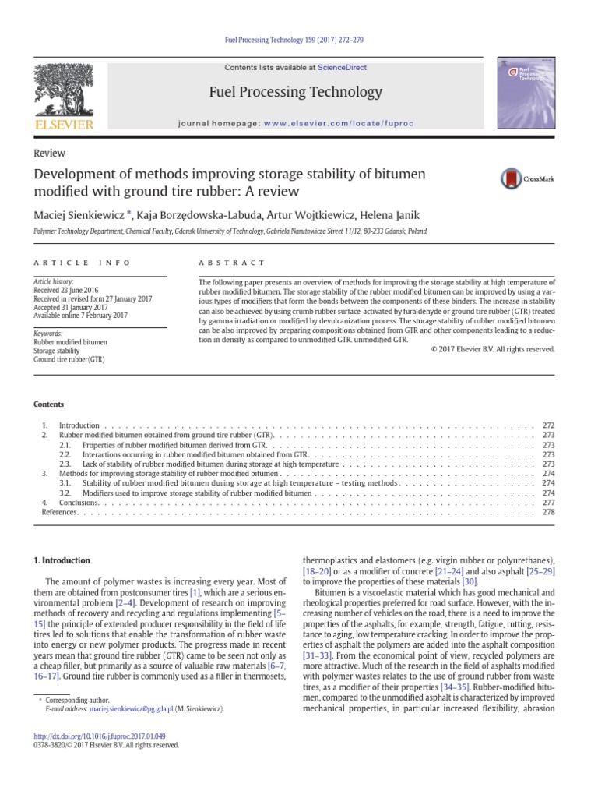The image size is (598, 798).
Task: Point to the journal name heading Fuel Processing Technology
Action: point(296,93)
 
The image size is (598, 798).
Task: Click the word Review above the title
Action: point(48,154)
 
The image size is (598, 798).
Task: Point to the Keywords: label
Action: point(47,333)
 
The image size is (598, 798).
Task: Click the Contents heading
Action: point(48,404)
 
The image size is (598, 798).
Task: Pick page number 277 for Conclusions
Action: point(547,503)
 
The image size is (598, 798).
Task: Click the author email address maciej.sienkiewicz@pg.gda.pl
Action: point(130,709)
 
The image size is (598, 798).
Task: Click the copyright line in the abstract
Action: point(492,349)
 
